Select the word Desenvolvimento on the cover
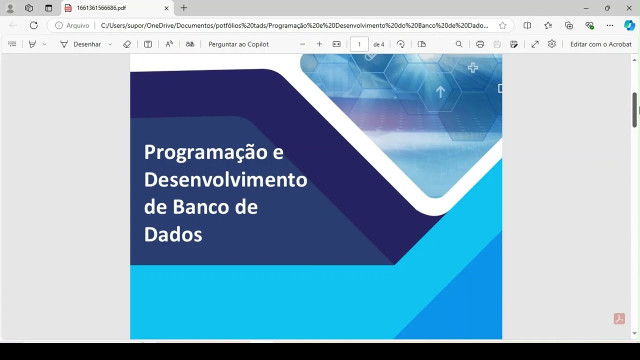[225, 179]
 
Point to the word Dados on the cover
[173, 234]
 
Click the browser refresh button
[33, 25]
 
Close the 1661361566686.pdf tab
[166, 8]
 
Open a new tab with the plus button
[184, 8]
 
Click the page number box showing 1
[359, 44]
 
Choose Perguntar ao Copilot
[238, 44]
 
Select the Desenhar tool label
[87, 44]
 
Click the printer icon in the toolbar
[480, 44]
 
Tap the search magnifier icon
[459, 44]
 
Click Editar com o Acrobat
[601, 44]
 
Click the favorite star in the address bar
[502, 25]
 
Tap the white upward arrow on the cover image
[440, 92]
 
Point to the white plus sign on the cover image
[472, 67]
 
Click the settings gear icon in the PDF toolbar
[552, 44]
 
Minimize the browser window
[586, 8]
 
